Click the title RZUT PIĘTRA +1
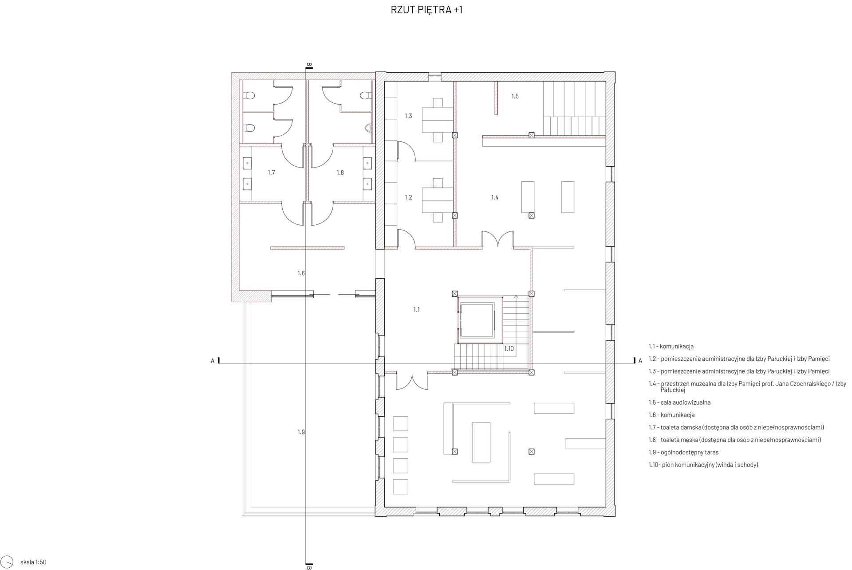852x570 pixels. coord(426,10)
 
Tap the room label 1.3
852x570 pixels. coord(408,116)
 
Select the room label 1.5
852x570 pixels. coord(515,96)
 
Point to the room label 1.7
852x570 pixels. coord(271,172)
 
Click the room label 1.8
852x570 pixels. coord(340,172)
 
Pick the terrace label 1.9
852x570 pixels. coord(301,432)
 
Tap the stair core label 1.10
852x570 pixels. coord(509,349)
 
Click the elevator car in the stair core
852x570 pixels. coord(477,320)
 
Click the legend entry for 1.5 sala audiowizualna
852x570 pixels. coord(679,402)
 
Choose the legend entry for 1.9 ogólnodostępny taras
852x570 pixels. coord(683,452)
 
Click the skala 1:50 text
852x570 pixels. coord(33,562)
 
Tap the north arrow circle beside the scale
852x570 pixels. coord(11,562)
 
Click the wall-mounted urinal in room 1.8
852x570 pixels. coord(368,128)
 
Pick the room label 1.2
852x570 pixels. coord(408,197)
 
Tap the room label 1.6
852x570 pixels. coord(301,273)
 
